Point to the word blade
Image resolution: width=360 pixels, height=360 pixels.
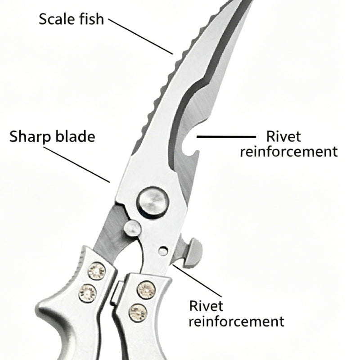(x=75, y=136)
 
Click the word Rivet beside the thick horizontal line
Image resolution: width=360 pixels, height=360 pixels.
(x=283, y=136)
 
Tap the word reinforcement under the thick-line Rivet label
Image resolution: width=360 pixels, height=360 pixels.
(x=288, y=152)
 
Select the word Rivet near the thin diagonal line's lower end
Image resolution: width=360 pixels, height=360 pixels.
(x=206, y=306)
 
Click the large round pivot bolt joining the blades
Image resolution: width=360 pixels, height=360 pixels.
(x=153, y=202)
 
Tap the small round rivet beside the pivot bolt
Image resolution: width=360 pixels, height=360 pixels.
(x=132, y=228)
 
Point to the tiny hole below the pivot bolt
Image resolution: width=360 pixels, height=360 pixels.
(x=163, y=251)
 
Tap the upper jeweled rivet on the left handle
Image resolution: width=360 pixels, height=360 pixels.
(x=97, y=271)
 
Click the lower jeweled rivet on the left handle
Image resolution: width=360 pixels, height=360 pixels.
(x=87, y=293)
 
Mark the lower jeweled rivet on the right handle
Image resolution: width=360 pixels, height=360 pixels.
(x=138, y=312)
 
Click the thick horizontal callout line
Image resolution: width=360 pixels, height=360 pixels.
(x=226, y=137)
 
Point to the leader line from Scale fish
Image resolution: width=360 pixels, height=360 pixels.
(x=140, y=37)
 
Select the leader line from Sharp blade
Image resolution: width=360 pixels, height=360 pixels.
(x=76, y=165)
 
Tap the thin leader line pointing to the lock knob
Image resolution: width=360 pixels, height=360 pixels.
(x=198, y=280)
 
